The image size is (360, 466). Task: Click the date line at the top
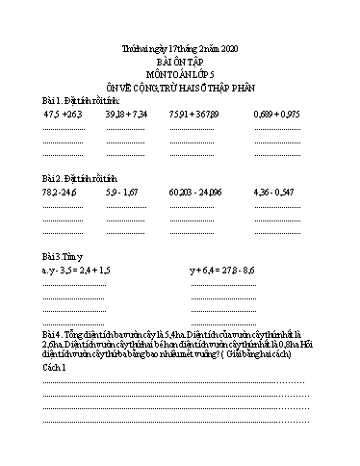click(x=180, y=47)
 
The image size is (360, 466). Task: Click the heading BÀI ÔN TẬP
click(x=180, y=60)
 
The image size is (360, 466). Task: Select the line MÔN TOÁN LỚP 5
click(x=180, y=72)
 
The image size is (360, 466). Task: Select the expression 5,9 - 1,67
click(x=122, y=193)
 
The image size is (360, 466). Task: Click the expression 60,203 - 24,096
click(x=193, y=193)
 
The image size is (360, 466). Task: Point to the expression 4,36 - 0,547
click(x=274, y=193)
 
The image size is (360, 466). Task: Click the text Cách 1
click(x=54, y=368)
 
